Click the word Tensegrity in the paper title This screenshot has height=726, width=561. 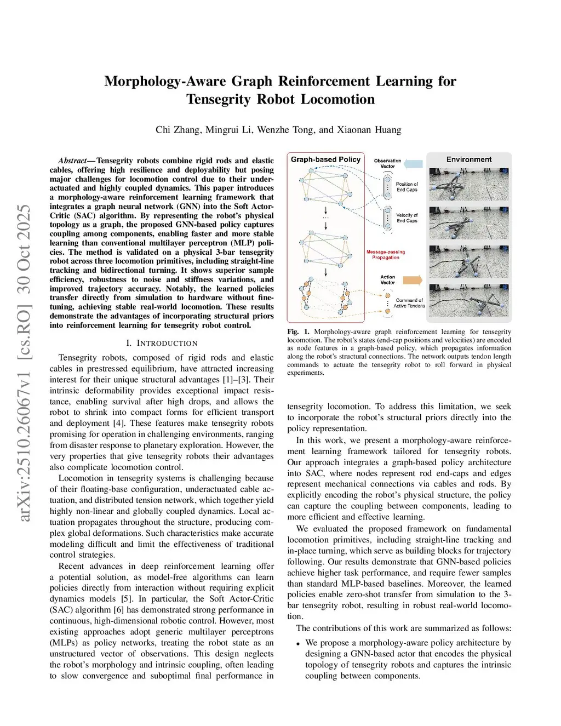[x=217, y=99]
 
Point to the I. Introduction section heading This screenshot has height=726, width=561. [x=162, y=343]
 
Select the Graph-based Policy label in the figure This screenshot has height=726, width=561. [x=325, y=159]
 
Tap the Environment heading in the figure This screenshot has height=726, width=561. [x=469, y=159]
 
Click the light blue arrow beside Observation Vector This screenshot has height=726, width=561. [x=414, y=163]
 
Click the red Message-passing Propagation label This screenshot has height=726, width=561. [x=386, y=255]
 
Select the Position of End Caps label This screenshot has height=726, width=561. [x=407, y=187]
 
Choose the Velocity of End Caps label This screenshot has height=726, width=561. [x=407, y=218]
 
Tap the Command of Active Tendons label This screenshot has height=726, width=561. [x=409, y=303]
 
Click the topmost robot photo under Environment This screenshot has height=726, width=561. [x=469, y=184]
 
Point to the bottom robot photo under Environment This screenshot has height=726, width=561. [x=469, y=300]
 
